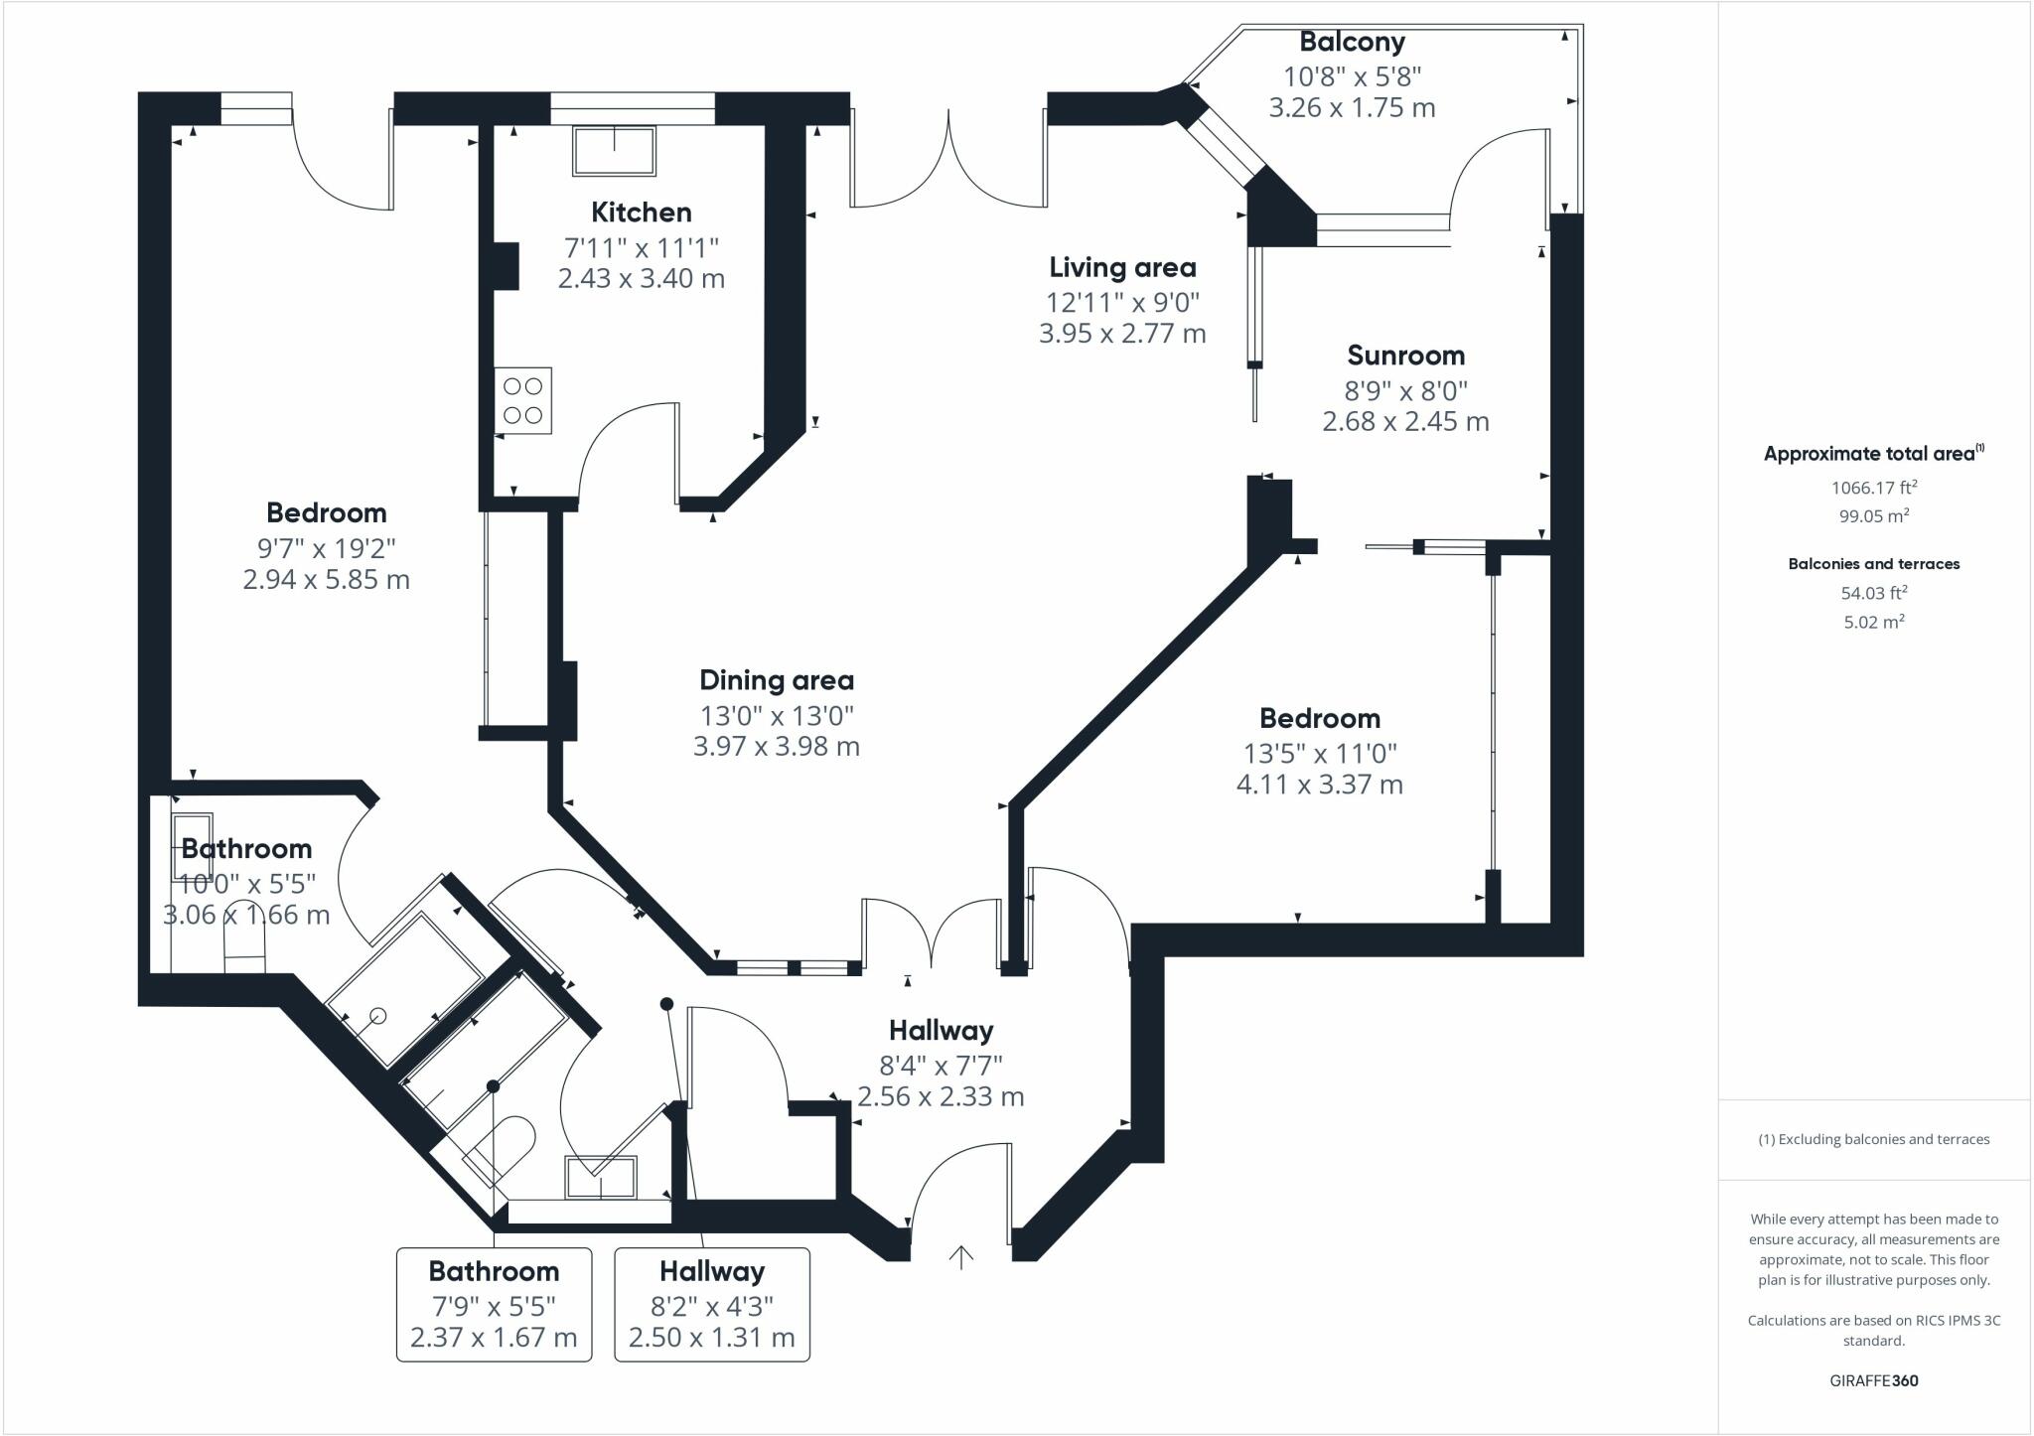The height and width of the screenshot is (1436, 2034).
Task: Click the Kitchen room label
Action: tap(641, 213)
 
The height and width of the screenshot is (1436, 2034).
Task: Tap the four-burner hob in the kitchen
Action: tap(522, 400)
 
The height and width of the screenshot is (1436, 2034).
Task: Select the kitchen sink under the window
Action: tap(614, 151)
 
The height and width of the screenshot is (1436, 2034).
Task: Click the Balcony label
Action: tap(1352, 42)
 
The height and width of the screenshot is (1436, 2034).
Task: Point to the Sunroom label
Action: tap(1405, 356)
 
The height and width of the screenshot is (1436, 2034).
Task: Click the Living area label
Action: tap(1122, 267)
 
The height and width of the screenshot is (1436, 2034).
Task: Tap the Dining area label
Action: tap(776, 680)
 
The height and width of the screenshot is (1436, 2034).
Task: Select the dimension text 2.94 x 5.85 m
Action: tap(326, 579)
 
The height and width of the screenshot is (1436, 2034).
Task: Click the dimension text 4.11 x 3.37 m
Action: tap(1319, 785)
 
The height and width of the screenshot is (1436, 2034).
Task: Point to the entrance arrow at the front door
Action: tap(960, 1257)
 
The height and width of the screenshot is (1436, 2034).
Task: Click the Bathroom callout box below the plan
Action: tap(494, 1304)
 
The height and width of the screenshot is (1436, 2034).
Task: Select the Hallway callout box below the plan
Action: tap(712, 1304)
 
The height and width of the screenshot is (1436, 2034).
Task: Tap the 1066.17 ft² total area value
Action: tap(1873, 488)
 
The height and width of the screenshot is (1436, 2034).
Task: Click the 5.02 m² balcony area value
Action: tap(1873, 623)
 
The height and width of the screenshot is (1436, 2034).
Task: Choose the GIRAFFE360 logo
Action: tap(1873, 1380)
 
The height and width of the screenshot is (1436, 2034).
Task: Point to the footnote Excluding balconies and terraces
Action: tap(1873, 1139)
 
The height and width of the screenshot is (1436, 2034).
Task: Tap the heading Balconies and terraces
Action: tap(1873, 564)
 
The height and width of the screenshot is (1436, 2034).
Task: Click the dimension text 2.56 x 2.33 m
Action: tap(941, 1096)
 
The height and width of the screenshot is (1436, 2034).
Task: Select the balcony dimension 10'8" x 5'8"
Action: tap(1352, 75)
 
